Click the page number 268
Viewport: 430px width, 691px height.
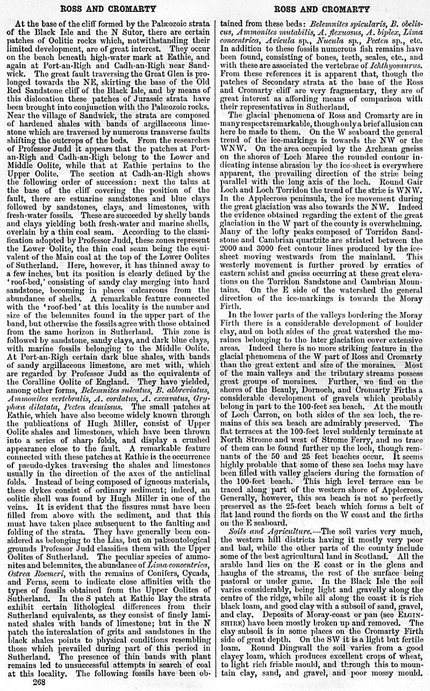tap(39, 683)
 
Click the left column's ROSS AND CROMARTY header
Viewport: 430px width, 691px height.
tap(107, 9)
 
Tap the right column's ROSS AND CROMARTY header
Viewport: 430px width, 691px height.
tap(321, 9)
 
